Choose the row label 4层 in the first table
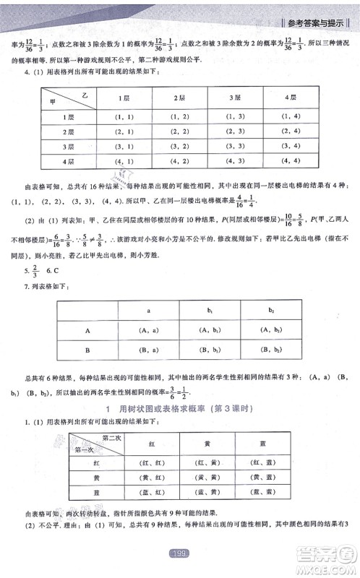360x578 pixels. tap(70, 160)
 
